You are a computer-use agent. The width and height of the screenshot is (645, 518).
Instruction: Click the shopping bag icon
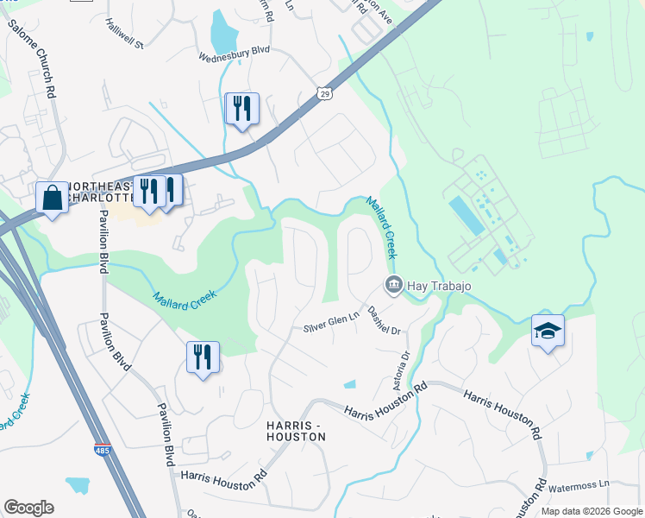pyautogui.click(x=53, y=198)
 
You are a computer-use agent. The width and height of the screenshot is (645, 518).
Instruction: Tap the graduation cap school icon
pyautogui.click(x=548, y=331)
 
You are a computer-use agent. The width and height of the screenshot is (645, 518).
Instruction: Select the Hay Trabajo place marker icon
pyautogui.click(x=393, y=284)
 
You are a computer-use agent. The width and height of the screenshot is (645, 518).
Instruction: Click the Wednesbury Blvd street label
pyautogui.click(x=235, y=52)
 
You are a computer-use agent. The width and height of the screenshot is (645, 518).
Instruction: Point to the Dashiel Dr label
pyautogui.click(x=385, y=319)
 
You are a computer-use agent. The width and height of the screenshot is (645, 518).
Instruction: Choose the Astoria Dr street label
pyautogui.click(x=405, y=368)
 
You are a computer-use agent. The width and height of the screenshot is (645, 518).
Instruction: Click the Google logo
pyautogui.click(x=28, y=508)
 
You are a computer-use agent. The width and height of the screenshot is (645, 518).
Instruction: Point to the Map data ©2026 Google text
pyautogui.click(x=592, y=511)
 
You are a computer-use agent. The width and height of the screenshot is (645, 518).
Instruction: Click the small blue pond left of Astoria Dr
pyautogui.click(x=349, y=384)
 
